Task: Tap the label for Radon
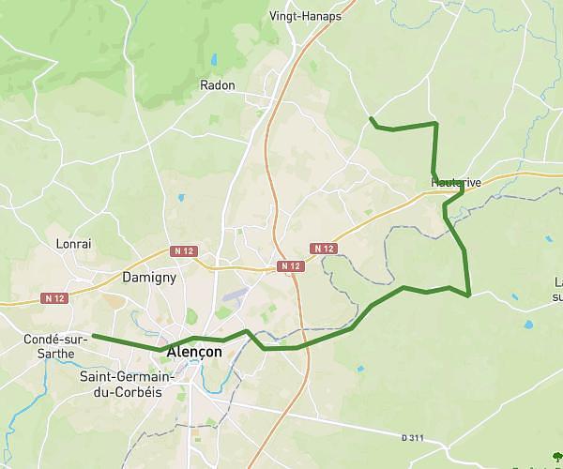pos(218,85)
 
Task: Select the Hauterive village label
pos(456,182)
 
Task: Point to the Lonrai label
pos(74,244)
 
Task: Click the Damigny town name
pos(150,278)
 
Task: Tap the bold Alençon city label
pos(194,352)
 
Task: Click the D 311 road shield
pos(413,437)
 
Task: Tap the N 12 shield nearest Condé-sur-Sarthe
pos(55,298)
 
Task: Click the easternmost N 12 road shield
pos(324,249)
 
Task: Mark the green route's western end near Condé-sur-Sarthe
pos(93,335)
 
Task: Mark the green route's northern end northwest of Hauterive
pos(372,118)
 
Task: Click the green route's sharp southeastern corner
pos(468,295)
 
